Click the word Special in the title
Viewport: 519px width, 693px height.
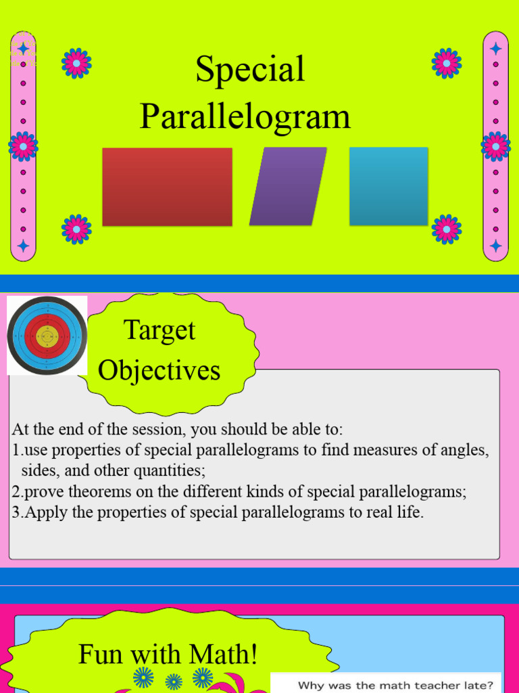pyautogui.click(x=250, y=70)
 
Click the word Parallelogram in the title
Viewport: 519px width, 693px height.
pyautogui.click(x=245, y=116)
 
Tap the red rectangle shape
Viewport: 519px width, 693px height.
pyautogui.click(x=167, y=187)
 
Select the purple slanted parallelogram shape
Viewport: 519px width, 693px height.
pyautogui.click(x=288, y=186)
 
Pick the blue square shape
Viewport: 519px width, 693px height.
pyautogui.click(x=389, y=186)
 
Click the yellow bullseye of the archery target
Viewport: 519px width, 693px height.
pyautogui.click(x=47, y=336)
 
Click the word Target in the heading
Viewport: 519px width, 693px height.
pyautogui.click(x=159, y=331)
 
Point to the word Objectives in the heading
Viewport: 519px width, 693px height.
pyautogui.click(x=159, y=371)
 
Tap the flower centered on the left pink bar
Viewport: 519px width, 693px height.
pyautogui.click(x=23, y=146)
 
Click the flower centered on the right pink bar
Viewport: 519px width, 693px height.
pyautogui.click(x=495, y=146)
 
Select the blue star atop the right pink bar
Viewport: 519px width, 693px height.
pyautogui.click(x=495, y=49)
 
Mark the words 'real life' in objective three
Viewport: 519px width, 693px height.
pyautogui.click(x=395, y=512)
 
